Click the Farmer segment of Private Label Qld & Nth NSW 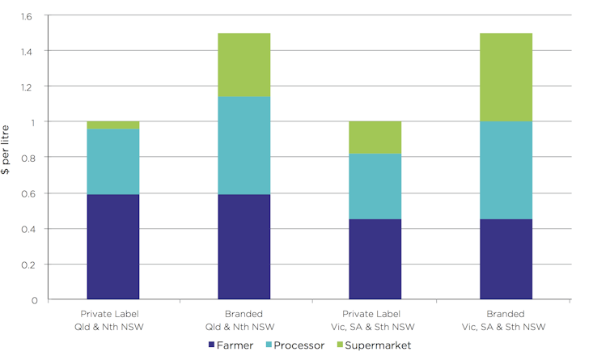pyautogui.click(x=112, y=247)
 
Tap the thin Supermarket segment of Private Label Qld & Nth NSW pyautogui.click(x=112, y=125)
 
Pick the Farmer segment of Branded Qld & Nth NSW pyautogui.click(x=244, y=247)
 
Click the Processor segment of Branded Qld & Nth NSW pyautogui.click(x=244, y=146)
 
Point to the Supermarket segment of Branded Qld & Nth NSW pyautogui.click(x=244, y=65)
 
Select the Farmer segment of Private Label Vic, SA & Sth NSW pyautogui.click(x=375, y=259)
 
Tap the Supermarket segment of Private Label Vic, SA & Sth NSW pyautogui.click(x=375, y=138)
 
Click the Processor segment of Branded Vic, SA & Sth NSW pyautogui.click(x=506, y=170)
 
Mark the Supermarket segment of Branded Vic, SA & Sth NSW pyautogui.click(x=506, y=77)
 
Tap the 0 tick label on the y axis pyautogui.click(x=33, y=300)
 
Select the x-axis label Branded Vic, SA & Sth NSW pyautogui.click(x=506, y=320)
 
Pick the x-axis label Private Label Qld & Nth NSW pyautogui.click(x=112, y=320)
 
